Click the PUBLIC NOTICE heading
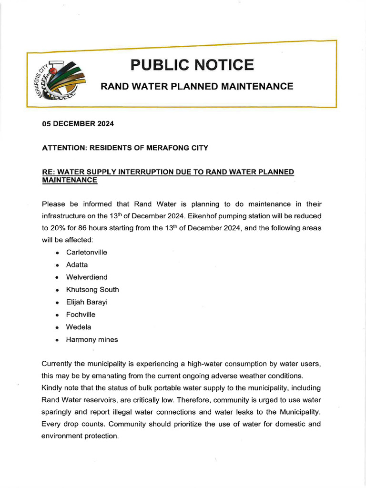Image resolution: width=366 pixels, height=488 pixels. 192,64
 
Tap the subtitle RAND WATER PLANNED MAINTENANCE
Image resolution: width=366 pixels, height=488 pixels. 196,86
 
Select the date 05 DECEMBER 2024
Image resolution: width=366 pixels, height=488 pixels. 78,124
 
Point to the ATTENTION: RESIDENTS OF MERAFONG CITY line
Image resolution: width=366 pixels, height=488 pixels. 125,148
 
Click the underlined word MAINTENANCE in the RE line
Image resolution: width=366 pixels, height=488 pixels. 70,180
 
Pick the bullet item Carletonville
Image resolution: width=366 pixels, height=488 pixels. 87,252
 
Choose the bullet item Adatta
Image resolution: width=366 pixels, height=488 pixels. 77,264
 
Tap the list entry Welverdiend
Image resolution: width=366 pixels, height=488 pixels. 87,277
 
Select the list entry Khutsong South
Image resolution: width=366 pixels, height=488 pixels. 92,290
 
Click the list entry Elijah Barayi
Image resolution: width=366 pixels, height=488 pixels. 87,302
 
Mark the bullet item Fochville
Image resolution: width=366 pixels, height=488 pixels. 81,315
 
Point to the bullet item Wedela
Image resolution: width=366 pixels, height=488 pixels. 79,327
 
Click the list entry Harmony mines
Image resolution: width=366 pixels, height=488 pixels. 92,340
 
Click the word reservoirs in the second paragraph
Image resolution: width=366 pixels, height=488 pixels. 94,399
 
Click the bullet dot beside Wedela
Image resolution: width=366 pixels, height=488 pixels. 57,327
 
